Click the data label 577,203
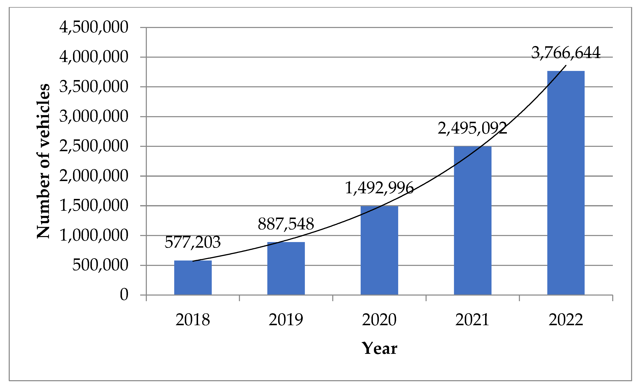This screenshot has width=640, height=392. [x=192, y=242]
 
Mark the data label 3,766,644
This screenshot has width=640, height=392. [x=566, y=52]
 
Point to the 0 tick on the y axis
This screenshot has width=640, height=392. [x=124, y=295]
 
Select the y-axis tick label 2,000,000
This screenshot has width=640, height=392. [x=94, y=176]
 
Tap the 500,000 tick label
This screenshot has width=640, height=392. [x=100, y=265]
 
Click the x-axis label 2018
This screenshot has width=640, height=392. [x=192, y=320]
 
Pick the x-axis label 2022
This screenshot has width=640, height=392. [x=566, y=320]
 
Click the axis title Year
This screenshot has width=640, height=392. [x=379, y=348]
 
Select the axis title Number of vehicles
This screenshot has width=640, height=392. [x=43, y=161]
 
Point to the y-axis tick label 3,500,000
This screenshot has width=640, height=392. [x=94, y=86]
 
